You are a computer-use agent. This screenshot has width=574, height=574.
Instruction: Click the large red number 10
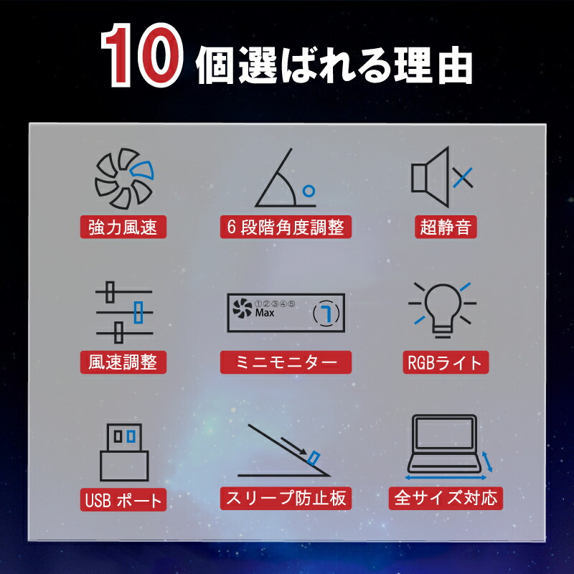(141, 55)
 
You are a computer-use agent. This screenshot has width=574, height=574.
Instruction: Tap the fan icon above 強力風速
(124, 178)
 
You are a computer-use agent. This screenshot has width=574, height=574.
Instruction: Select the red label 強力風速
(123, 227)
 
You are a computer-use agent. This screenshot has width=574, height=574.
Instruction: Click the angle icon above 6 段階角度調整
(285, 177)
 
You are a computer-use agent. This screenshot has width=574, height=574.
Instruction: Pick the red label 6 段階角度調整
(286, 227)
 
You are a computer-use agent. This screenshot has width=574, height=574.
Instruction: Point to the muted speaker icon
(442, 177)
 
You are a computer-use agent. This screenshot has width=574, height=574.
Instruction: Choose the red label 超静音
(446, 227)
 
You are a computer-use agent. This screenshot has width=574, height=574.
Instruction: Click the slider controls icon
(124, 312)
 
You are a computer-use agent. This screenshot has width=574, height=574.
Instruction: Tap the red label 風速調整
(123, 362)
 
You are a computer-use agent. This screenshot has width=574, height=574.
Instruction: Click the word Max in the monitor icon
(265, 313)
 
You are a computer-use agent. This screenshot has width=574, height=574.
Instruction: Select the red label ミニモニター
(286, 362)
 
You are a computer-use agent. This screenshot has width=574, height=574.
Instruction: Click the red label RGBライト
(446, 362)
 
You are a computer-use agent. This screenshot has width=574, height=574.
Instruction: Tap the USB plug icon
(124, 452)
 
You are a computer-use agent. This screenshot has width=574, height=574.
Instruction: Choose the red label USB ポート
(123, 499)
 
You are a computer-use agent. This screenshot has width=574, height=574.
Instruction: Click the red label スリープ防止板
(286, 498)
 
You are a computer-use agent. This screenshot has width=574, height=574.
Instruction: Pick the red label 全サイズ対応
(446, 498)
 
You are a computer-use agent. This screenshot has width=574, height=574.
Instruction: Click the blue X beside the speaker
(463, 177)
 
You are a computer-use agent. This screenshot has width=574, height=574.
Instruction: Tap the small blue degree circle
(309, 191)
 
